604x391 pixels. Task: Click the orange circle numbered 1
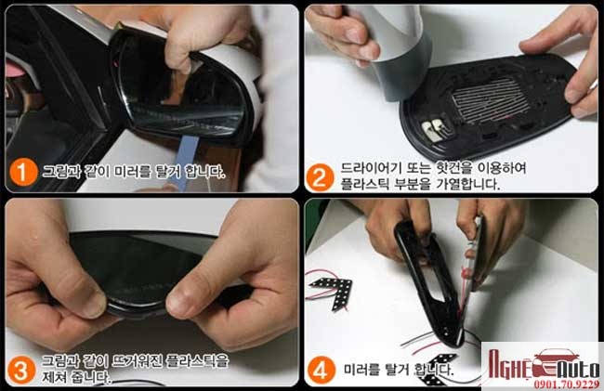tap(23, 172)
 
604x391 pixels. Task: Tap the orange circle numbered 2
tap(320, 177)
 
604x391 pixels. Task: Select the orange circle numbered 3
tap(20, 370)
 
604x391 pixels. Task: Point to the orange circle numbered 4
tap(322, 370)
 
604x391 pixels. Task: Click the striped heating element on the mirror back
tap(489, 101)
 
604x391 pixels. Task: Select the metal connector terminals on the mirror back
tap(433, 129)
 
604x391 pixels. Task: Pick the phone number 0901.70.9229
tap(566, 384)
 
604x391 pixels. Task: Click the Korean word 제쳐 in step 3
tap(54, 376)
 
